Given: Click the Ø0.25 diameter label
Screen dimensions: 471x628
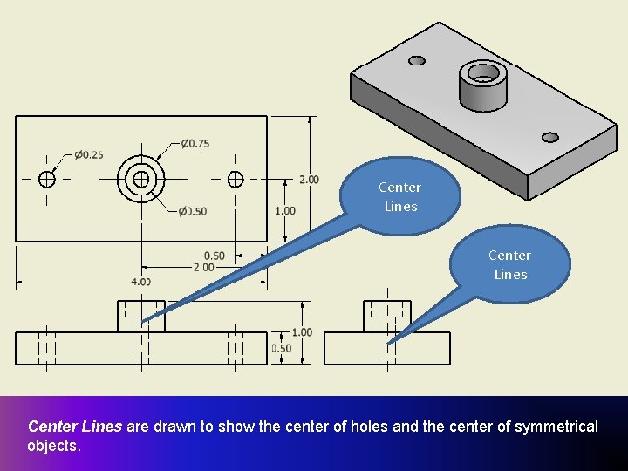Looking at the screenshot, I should tap(88, 154).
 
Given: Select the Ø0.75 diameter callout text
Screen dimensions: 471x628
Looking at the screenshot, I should tap(195, 143).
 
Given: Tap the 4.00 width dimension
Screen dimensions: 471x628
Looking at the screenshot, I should tap(140, 281).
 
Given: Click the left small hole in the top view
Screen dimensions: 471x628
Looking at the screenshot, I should tap(47, 179).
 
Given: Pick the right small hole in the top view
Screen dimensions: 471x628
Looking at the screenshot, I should tap(235, 179).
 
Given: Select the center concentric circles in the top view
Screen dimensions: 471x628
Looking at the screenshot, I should tap(141, 179).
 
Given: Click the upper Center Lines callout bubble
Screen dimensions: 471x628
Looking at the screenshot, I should tap(400, 197).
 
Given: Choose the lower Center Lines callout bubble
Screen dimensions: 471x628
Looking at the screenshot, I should tap(510, 264).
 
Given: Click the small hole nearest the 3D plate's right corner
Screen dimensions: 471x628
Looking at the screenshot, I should tap(550, 137).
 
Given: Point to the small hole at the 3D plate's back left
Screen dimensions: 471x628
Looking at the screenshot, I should tap(417, 60).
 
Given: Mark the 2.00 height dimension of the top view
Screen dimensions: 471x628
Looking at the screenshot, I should tap(309, 180).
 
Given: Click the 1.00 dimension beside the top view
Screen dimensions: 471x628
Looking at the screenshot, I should tap(284, 211).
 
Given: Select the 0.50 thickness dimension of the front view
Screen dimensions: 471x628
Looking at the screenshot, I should tap(281, 348).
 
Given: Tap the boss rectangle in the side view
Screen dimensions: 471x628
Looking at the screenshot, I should tap(387, 316).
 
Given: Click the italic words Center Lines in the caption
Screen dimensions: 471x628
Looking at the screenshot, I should tap(76, 427).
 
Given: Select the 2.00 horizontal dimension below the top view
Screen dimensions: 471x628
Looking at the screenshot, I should tap(203, 267).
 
